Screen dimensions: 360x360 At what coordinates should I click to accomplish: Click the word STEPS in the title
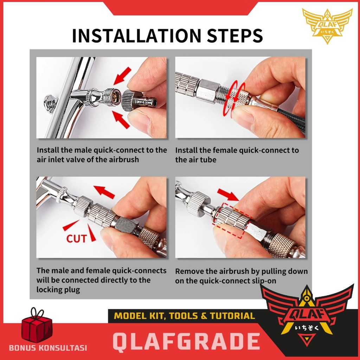click(x=235, y=36)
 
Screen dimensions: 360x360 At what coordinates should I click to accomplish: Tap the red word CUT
click(x=76, y=239)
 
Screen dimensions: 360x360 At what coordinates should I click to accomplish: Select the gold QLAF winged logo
click(x=327, y=26)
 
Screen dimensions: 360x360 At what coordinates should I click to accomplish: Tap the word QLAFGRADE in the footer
click(x=186, y=341)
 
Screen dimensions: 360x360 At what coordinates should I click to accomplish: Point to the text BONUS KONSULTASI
click(x=48, y=348)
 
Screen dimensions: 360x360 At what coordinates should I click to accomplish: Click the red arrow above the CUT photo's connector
click(x=104, y=192)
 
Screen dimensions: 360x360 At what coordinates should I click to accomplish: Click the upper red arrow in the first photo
click(x=122, y=76)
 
